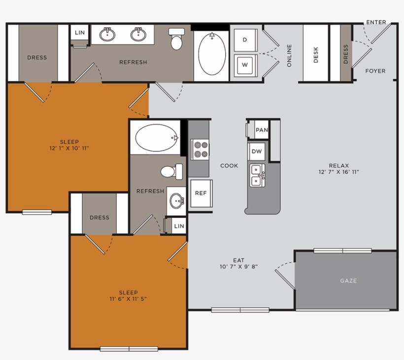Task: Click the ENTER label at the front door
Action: pos(376,22)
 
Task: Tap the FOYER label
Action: pos(375,71)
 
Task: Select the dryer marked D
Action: pos(245,39)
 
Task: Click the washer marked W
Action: pos(245,64)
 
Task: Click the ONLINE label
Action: pos(289,55)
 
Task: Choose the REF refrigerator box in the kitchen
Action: pos(201,193)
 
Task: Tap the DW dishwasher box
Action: pos(257,151)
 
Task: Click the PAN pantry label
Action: pos(262,130)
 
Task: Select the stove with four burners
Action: pos(200,149)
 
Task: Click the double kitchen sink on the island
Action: pos(257,176)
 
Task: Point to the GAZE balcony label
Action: pos(348,281)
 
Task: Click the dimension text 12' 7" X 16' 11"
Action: pos(339,172)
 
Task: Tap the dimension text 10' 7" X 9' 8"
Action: pos(239,267)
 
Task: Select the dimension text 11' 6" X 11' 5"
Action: pos(129,299)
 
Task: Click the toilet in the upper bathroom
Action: pos(176,39)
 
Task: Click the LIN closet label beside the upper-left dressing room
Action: pos(80,34)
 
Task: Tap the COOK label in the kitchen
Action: pos(229,166)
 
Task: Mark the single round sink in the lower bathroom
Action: pos(176,201)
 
